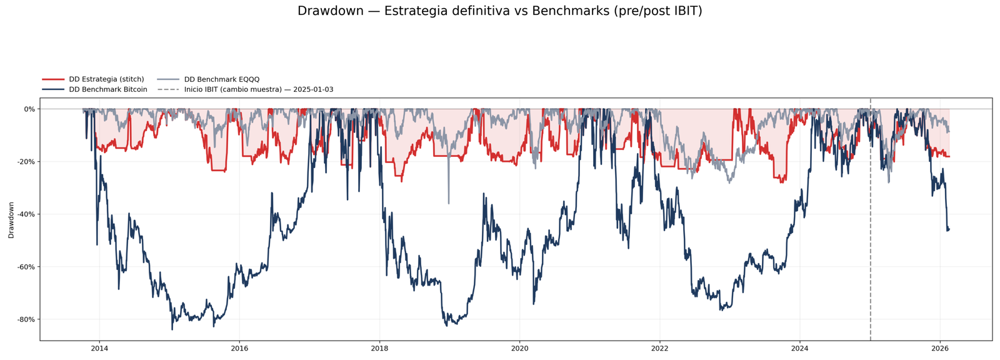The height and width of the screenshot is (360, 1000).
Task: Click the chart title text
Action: point(499,11)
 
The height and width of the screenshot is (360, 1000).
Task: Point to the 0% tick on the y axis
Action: point(29,109)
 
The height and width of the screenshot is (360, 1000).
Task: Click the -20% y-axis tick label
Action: point(26,161)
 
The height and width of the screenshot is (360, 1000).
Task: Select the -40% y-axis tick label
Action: point(26,214)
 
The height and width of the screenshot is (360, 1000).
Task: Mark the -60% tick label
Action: point(26,267)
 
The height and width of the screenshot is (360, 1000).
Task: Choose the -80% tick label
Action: point(26,319)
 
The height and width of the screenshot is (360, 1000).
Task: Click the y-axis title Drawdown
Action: point(11,219)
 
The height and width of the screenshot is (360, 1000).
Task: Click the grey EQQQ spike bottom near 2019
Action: point(448,202)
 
